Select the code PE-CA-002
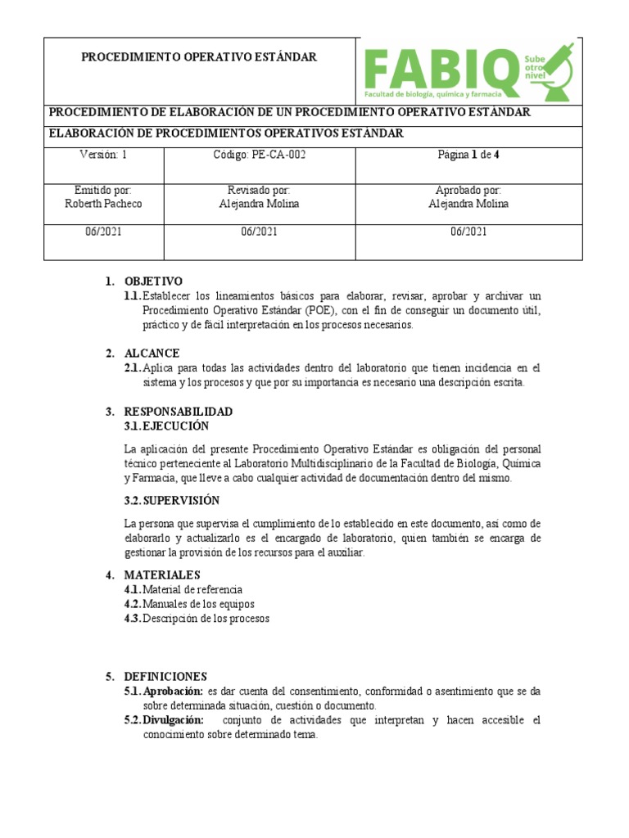pos(259,154)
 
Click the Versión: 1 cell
pos(103,154)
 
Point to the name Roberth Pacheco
pos(103,204)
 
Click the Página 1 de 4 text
pos(468,154)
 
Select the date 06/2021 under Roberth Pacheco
pos(103,232)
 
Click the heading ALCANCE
pos(152,354)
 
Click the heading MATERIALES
pos(161,575)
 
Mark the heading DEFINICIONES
pos(165,677)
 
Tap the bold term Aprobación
pos(173,691)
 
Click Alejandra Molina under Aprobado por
pos(468,204)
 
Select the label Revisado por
pos(259,190)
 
